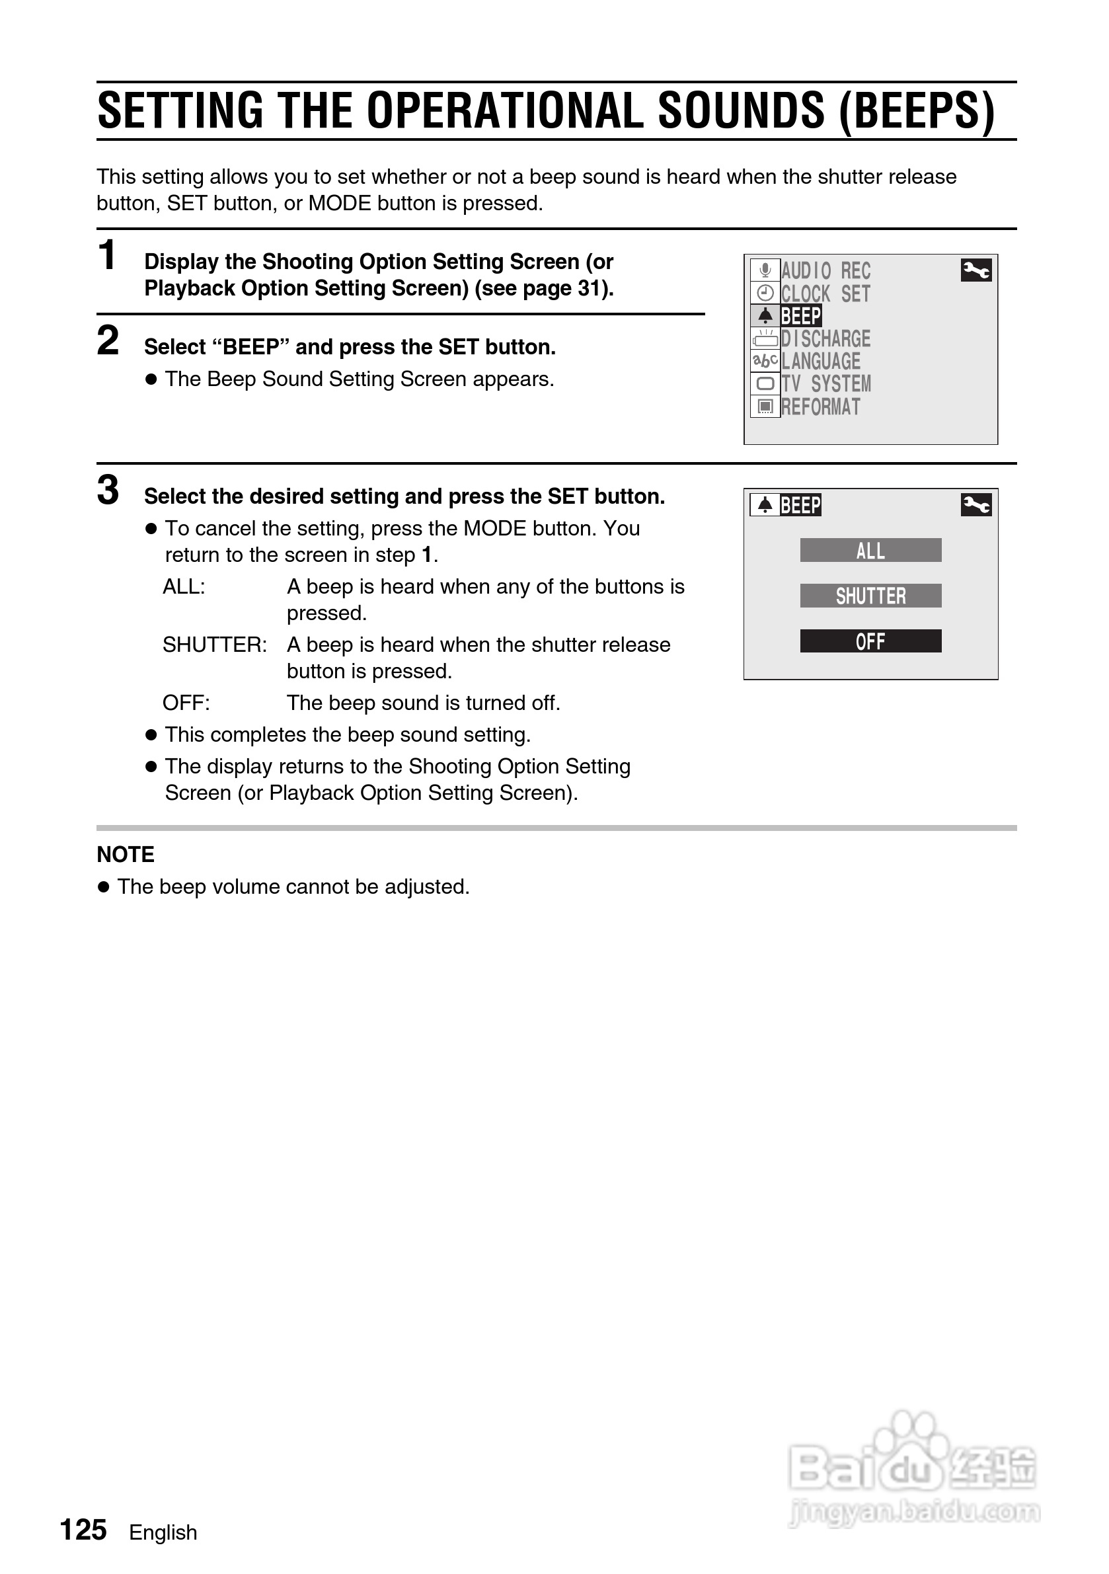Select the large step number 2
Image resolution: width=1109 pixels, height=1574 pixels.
pyautogui.click(x=108, y=340)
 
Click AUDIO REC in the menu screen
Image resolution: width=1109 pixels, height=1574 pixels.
pyautogui.click(x=825, y=271)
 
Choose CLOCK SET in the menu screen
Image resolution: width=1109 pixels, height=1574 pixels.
pyautogui.click(x=825, y=294)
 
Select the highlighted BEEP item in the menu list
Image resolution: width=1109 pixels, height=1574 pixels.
pyautogui.click(x=800, y=316)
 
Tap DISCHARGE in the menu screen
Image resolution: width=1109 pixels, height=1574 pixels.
pyautogui.click(x=825, y=338)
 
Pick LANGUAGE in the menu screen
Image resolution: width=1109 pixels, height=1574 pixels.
pyautogui.click(x=820, y=362)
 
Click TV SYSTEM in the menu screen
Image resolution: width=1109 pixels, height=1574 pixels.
pyautogui.click(x=826, y=384)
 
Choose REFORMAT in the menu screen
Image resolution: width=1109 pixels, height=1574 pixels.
pyautogui.click(x=820, y=407)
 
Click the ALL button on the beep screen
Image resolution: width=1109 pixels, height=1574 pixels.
pyautogui.click(x=870, y=551)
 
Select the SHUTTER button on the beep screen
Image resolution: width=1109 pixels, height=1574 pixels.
pyautogui.click(x=870, y=596)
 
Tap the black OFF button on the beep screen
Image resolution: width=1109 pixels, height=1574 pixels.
pyautogui.click(x=870, y=641)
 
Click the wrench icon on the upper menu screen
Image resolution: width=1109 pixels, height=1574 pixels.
pyautogui.click(x=976, y=271)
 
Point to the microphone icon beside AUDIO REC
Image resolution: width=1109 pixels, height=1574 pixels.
pyautogui.click(x=765, y=270)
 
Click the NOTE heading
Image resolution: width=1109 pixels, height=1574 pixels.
pyautogui.click(x=126, y=855)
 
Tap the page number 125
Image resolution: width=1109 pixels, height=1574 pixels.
pyautogui.click(x=84, y=1530)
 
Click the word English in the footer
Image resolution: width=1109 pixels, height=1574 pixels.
pyautogui.click(x=163, y=1532)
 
